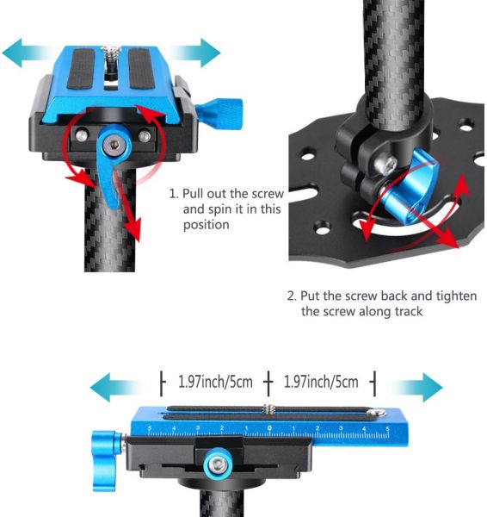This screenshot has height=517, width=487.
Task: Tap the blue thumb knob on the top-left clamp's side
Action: [x=219, y=113]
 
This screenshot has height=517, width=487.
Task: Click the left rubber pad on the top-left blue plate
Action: [x=81, y=69]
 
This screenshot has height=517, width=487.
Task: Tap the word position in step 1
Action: [x=207, y=225]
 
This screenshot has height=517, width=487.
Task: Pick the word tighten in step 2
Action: [x=456, y=296]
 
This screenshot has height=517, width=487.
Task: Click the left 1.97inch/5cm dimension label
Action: [x=215, y=382]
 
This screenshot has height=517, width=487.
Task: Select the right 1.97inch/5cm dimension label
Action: [x=321, y=382]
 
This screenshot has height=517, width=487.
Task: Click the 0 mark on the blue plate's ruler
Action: [x=269, y=428]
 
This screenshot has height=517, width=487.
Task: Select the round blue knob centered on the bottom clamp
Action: [x=217, y=464]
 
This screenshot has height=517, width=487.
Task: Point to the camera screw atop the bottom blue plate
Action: [x=269, y=410]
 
